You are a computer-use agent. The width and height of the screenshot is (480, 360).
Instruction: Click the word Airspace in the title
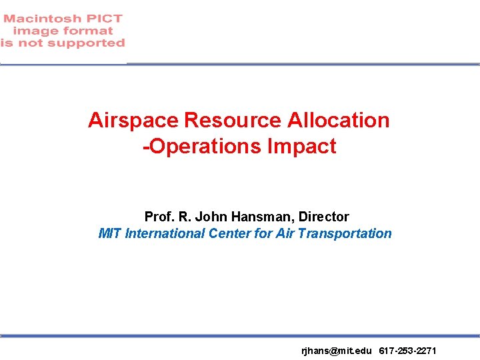(133, 121)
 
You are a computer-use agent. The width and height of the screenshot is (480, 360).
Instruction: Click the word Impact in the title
(303, 147)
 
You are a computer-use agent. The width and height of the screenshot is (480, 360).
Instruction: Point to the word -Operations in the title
(203, 147)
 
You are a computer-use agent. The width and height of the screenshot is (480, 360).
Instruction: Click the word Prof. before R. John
(159, 217)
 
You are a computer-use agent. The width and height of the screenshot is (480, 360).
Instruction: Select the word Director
(324, 217)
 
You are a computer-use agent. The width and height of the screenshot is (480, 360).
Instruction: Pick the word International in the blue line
(165, 233)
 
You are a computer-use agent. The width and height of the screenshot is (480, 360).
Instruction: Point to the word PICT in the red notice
(104, 19)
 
